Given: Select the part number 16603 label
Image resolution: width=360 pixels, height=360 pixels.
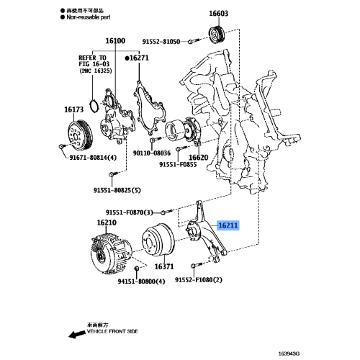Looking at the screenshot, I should tap(219, 13).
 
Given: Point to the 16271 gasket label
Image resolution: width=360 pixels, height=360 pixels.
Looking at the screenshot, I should tap(140, 56).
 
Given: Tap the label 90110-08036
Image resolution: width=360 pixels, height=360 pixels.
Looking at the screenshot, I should tap(152, 153).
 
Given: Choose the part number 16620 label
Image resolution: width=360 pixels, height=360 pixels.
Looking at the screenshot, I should tap(198, 156).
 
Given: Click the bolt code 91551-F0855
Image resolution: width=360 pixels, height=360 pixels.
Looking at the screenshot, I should tap(178, 165).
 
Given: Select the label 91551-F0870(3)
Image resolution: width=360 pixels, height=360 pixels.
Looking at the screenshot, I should tap(130, 212).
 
